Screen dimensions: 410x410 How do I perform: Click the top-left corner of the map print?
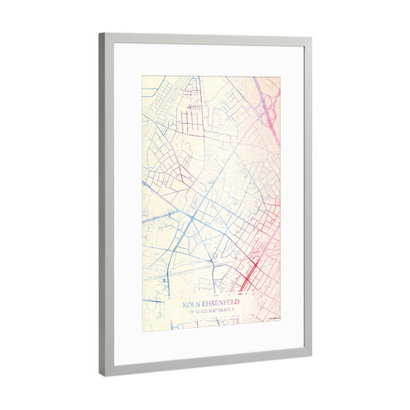coord(142,76)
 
